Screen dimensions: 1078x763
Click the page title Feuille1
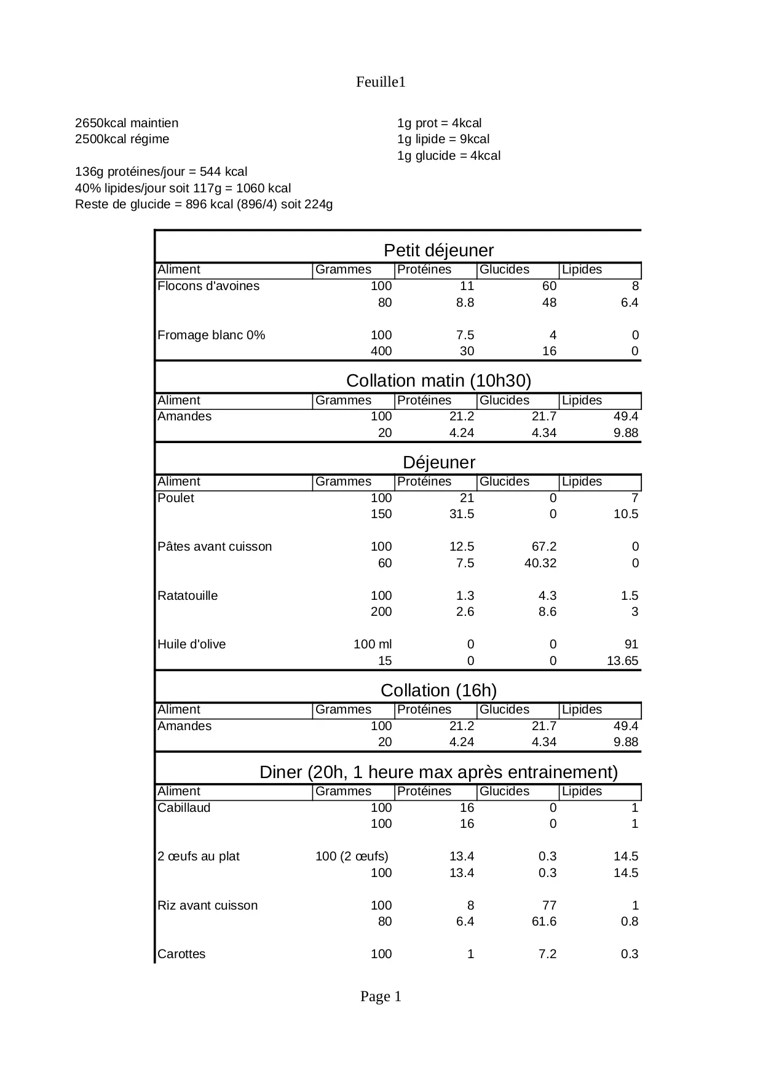coord(381,82)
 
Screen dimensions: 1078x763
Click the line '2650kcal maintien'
coord(127,123)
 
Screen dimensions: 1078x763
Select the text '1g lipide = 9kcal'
coord(443,139)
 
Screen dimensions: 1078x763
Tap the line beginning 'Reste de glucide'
coord(204,204)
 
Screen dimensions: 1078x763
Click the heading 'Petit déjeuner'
coord(438,250)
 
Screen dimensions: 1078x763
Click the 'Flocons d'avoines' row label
coord(208,286)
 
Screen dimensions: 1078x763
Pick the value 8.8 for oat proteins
coord(465,302)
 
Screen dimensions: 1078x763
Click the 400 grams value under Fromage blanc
coord(381,351)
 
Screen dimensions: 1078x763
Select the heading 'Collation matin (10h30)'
coord(438,380)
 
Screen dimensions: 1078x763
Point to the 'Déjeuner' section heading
coord(438,462)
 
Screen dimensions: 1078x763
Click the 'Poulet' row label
coord(176,498)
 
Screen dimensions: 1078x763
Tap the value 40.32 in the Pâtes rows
coord(540,563)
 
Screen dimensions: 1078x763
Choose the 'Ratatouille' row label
coord(188,596)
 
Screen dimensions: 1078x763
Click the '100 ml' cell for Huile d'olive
coord(372,644)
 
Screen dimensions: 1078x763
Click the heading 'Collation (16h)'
coord(438,690)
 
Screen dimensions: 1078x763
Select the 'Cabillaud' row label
coord(184,808)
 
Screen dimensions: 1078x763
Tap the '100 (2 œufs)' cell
coord(352,856)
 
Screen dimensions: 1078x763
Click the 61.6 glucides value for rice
coord(544,921)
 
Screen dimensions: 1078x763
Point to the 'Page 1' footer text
coord(381,996)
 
